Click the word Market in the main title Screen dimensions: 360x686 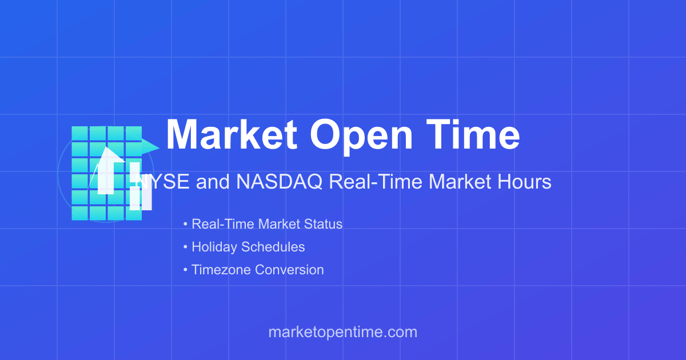[x=232, y=135]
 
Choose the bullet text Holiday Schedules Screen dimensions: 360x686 [x=248, y=247]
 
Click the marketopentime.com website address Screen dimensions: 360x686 [x=342, y=332]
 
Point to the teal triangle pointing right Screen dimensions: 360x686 [x=150, y=146]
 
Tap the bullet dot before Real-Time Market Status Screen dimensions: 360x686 [x=185, y=224]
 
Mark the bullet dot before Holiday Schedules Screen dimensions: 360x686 [x=185, y=247]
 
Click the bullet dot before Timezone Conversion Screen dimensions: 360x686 [x=185, y=270]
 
